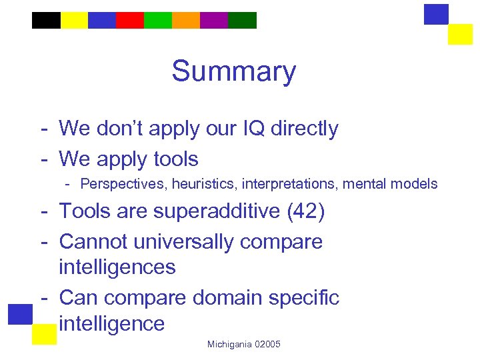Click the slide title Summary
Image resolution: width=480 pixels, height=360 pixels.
(233, 71)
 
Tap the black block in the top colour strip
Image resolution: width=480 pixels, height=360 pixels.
(46, 21)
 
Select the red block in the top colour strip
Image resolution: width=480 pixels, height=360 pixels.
(130, 21)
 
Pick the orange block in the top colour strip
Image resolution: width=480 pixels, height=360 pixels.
(186, 21)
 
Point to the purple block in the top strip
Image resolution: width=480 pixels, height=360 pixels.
(214, 21)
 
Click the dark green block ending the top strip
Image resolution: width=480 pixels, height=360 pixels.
(242, 21)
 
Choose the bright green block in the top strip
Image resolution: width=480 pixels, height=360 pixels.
(158, 21)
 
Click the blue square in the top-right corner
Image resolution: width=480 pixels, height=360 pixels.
(436, 14)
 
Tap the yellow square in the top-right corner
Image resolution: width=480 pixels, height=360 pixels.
(460, 34)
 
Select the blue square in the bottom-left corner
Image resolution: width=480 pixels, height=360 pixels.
(21, 314)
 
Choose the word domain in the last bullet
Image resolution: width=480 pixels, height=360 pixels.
(233, 297)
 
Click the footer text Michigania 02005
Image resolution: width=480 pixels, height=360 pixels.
(244, 344)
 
